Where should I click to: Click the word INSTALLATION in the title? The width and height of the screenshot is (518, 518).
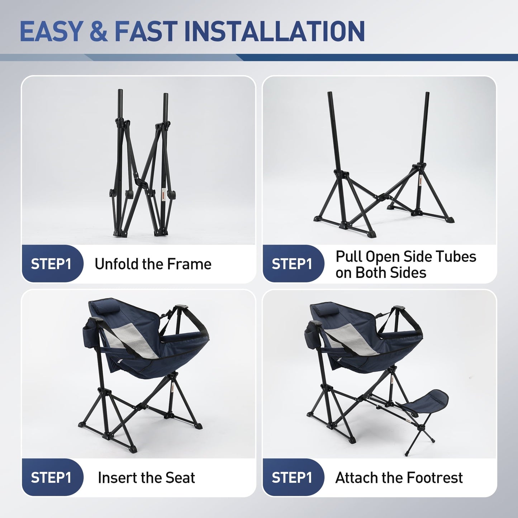coord(274,32)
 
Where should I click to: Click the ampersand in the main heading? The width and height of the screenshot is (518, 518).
coord(99,32)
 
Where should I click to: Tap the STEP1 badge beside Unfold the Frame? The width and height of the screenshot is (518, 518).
coord(51,264)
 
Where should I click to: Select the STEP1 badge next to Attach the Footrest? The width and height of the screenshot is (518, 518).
coord(292,477)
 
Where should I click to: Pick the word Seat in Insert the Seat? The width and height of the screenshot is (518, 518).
coord(183,477)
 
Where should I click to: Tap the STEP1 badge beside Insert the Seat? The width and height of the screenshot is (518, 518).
coord(51,477)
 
